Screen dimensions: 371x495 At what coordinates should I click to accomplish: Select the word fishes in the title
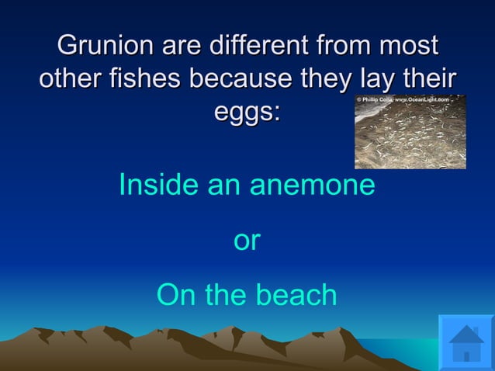[148, 78]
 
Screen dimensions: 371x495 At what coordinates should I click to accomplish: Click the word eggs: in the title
[247, 113]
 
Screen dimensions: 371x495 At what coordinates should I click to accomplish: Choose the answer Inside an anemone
[247, 185]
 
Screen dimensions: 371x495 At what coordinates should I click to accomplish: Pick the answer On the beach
[247, 295]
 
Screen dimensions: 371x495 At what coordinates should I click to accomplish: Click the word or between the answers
[247, 241]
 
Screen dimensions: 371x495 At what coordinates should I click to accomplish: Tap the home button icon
[466, 342]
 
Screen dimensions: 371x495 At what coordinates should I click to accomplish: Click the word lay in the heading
[368, 78]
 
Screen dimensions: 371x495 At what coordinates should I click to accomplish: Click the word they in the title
[317, 78]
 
